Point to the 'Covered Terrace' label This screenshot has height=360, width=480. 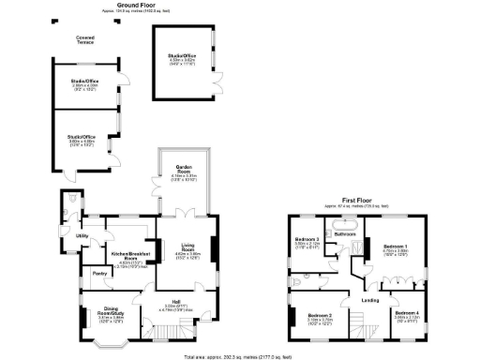pos(85,40)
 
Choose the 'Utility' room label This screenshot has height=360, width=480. pos(82,235)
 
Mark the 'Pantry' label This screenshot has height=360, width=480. pos(98,274)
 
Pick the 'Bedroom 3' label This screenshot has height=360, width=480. pos(308,242)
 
